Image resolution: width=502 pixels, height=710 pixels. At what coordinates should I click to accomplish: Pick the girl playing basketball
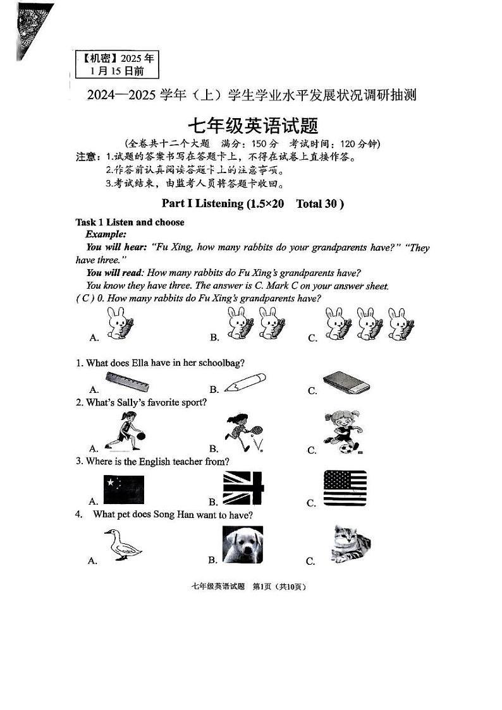point(120,431)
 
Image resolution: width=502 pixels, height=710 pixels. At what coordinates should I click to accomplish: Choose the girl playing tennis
point(242,433)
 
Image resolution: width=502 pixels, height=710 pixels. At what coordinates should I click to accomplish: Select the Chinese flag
point(124,490)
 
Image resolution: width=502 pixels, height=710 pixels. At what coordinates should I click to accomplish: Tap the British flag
point(243,488)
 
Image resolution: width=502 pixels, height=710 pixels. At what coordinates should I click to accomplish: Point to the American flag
point(345,488)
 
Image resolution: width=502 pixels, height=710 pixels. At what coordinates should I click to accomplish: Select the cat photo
point(350,543)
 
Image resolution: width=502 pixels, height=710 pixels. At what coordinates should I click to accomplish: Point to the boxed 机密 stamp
point(118,64)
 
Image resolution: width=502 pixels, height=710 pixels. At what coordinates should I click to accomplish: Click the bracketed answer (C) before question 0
point(82,299)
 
